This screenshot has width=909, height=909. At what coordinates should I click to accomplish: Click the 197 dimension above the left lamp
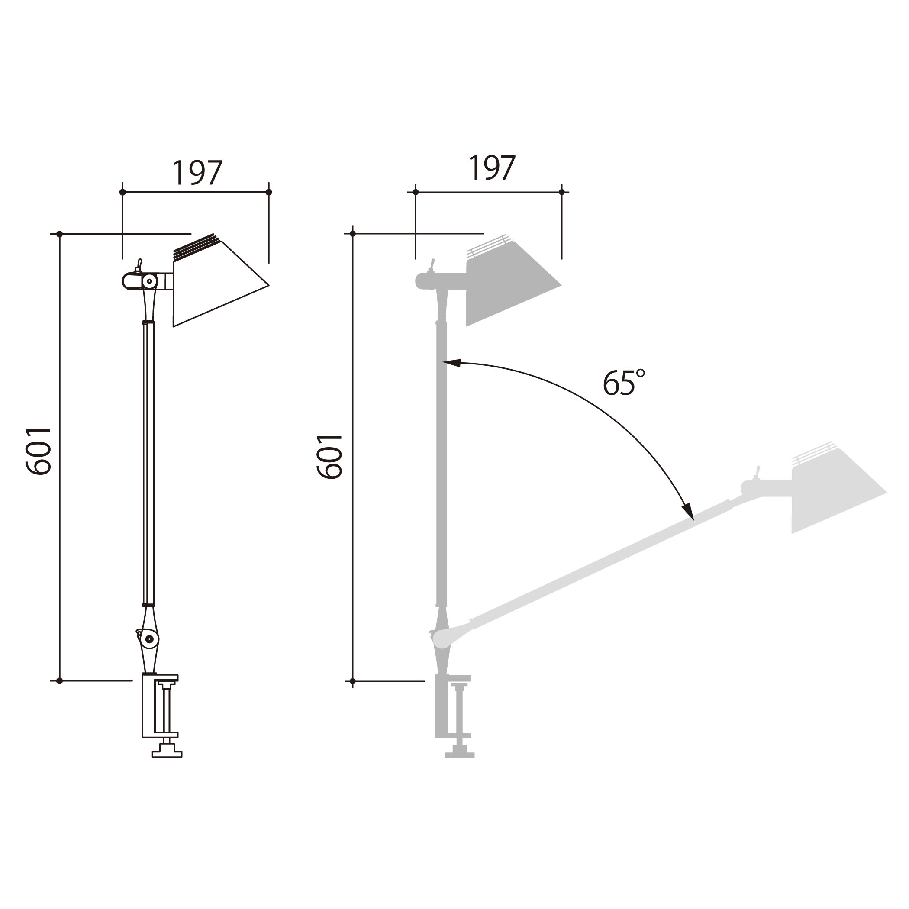pyautogui.click(x=197, y=173)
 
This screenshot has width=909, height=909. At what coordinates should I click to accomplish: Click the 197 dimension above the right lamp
pyautogui.click(x=492, y=168)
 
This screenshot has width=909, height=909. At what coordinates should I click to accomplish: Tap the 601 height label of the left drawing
pyautogui.click(x=38, y=451)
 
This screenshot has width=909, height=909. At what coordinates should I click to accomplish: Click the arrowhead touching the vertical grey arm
pyautogui.click(x=451, y=363)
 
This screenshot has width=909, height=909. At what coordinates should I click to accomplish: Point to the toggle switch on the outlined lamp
pyautogui.click(x=139, y=266)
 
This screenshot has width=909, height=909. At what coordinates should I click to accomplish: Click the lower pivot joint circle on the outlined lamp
pyautogui.click(x=150, y=639)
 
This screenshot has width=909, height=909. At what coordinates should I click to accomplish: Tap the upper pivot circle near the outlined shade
pyautogui.click(x=150, y=281)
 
